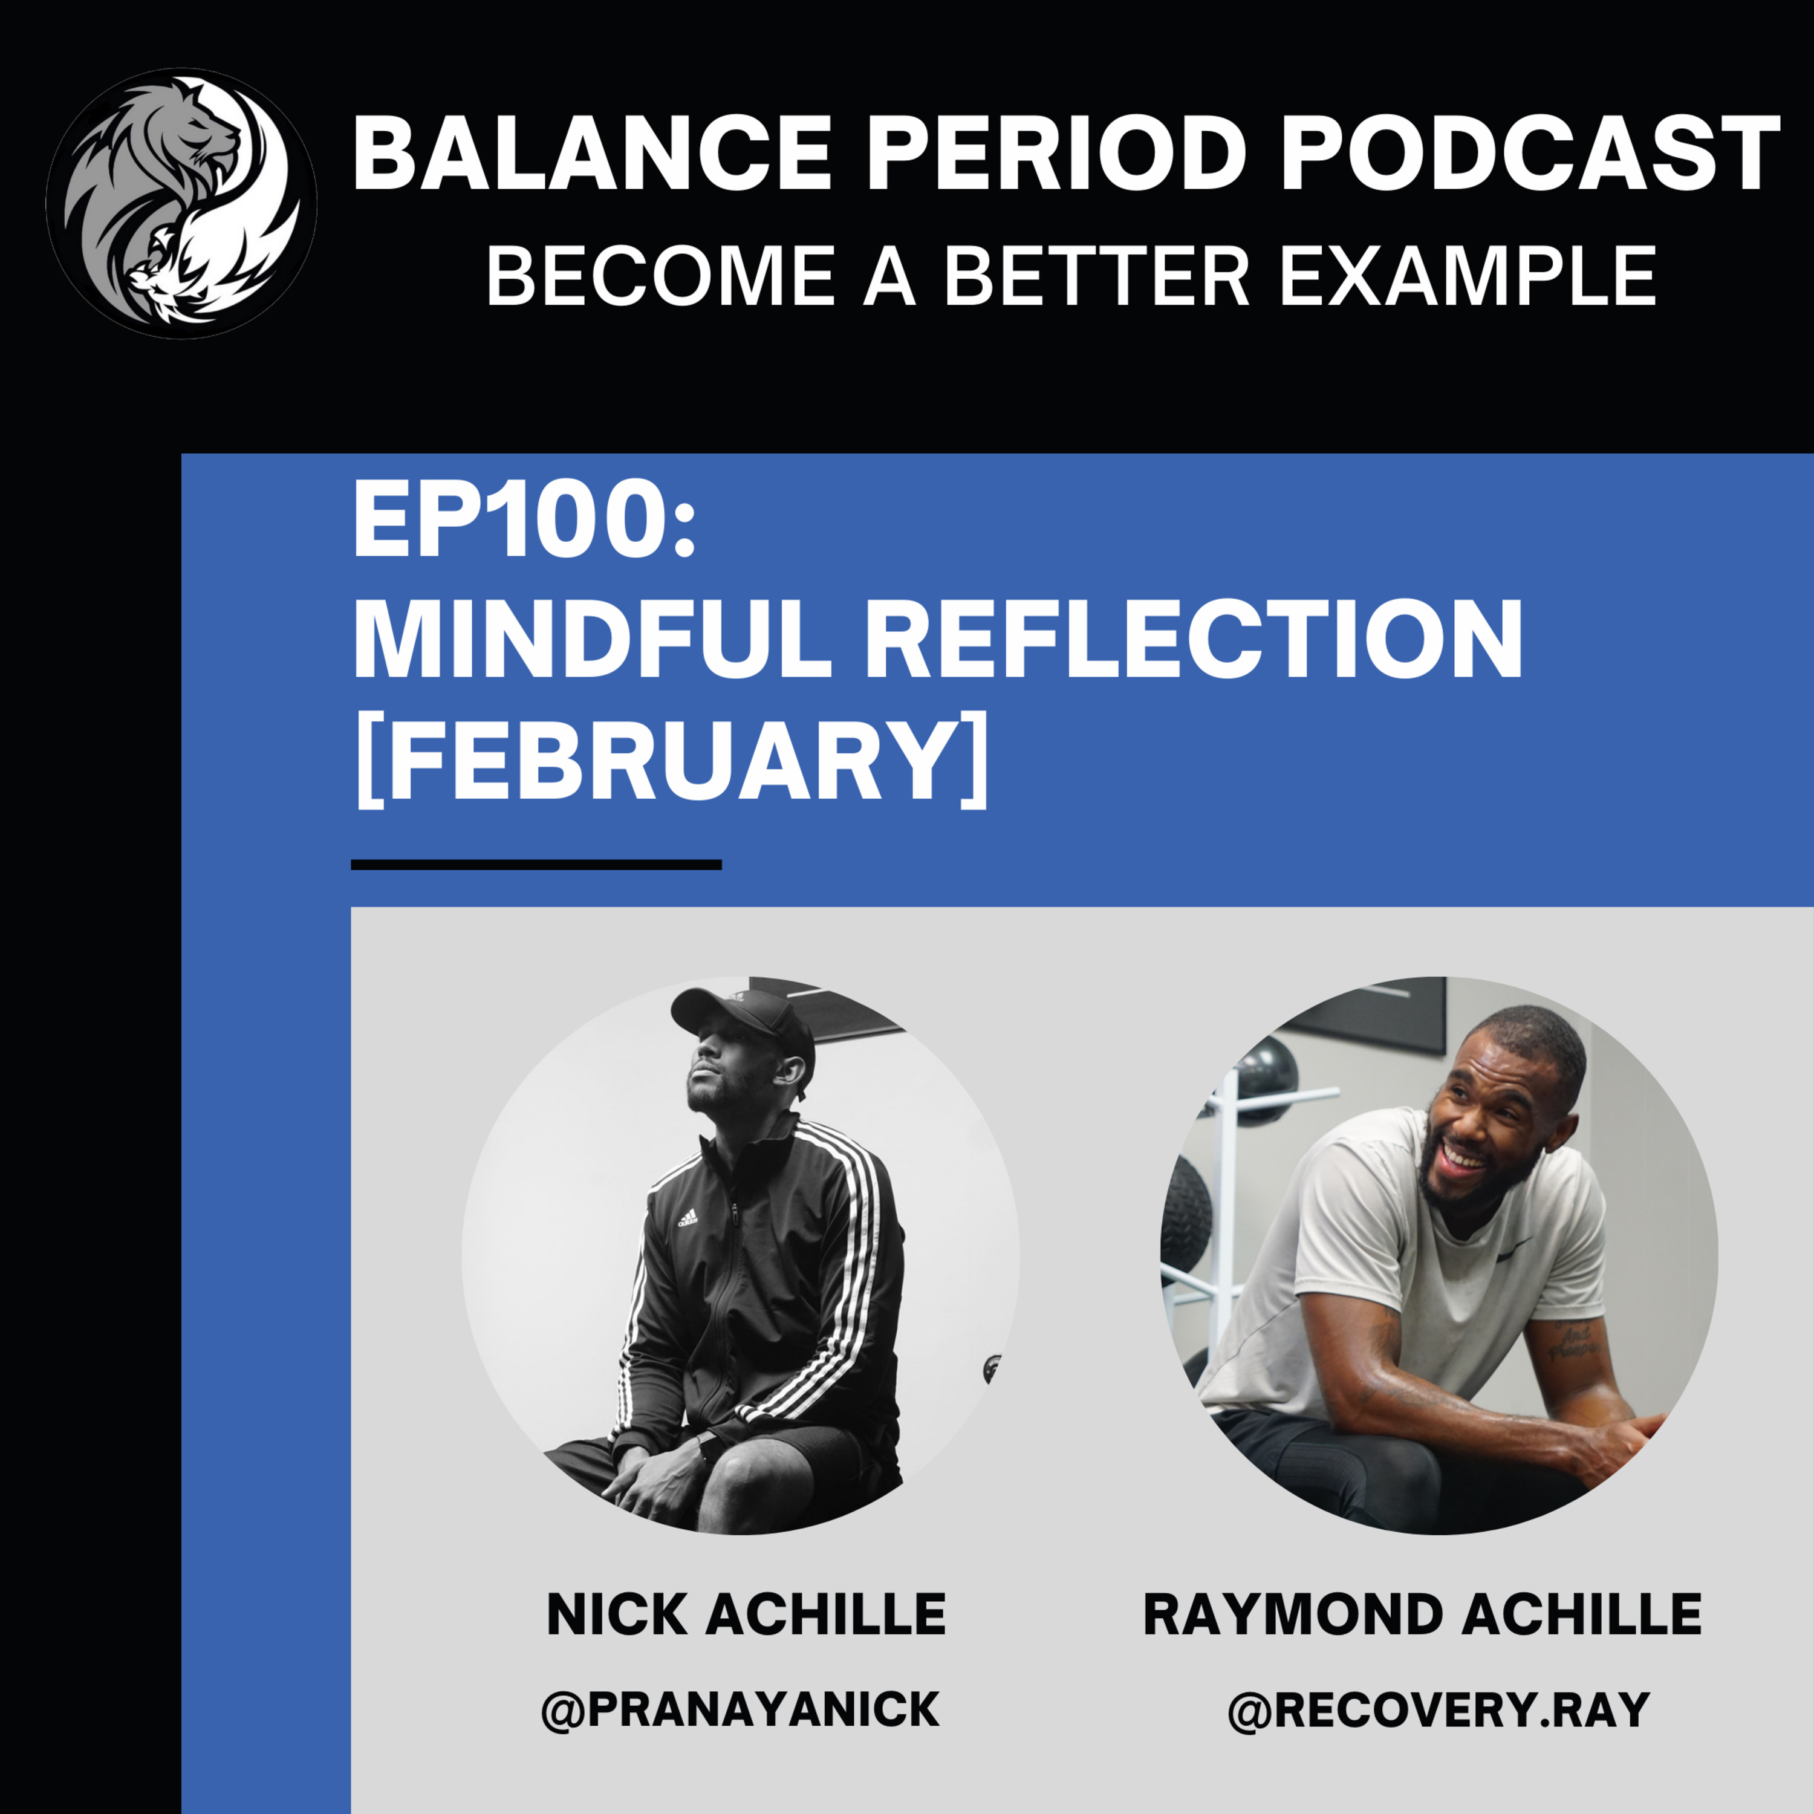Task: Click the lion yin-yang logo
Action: pyautogui.click(x=181, y=203)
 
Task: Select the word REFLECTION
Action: pyautogui.click(x=1192, y=639)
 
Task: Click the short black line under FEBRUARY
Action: pyautogui.click(x=536, y=865)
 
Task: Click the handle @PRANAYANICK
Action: pyautogui.click(x=741, y=1709)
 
